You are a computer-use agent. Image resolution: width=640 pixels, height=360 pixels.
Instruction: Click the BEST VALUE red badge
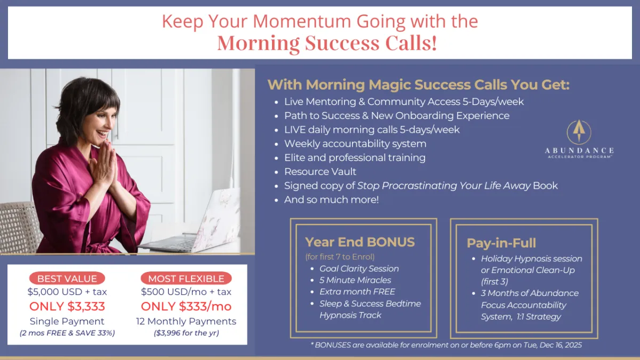click(x=67, y=278)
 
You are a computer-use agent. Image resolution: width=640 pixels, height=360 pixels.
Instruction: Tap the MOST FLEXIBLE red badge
click(x=186, y=278)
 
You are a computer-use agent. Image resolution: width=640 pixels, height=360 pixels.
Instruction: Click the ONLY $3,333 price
click(x=67, y=306)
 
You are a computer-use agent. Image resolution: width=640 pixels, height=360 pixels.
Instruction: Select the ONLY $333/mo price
click(x=186, y=306)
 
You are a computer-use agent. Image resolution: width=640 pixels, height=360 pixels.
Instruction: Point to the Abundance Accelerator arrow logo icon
click(x=579, y=132)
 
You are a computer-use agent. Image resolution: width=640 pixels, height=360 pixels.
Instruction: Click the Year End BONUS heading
click(x=359, y=242)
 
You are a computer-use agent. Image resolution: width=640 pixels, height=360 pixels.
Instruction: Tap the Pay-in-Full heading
click(x=501, y=243)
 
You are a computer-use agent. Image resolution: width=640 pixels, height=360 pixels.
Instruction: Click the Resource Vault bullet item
click(x=320, y=171)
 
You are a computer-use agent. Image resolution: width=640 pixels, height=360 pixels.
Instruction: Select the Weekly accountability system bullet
click(x=355, y=143)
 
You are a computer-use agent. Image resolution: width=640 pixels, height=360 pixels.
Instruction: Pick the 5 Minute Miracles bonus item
click(x=355, y=280)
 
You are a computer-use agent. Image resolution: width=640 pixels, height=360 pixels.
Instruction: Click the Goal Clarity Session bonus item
click(x=359, y=269)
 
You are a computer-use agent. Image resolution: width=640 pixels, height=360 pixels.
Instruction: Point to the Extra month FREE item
click(x=357, y=291)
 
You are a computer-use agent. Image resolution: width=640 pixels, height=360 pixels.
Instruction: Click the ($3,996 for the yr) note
click(x=186, y=333)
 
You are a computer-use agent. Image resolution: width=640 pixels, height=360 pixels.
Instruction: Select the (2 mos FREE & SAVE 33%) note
click(x=67, y=333)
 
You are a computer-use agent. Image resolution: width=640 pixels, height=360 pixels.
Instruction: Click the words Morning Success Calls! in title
click(x=327, y=43)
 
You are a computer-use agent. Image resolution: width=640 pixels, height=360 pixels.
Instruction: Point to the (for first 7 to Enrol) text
click(x=340, y=257)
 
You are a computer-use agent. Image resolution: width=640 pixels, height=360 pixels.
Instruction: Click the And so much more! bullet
click(x=331, y=199)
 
